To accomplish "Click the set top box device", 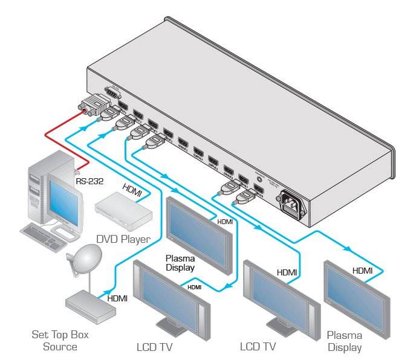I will (91, 302).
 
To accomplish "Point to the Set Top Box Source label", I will (55, 340).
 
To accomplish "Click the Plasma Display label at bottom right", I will (344, 341).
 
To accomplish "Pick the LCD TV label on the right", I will (258, 346).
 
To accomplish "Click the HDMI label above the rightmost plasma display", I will (363, 271).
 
